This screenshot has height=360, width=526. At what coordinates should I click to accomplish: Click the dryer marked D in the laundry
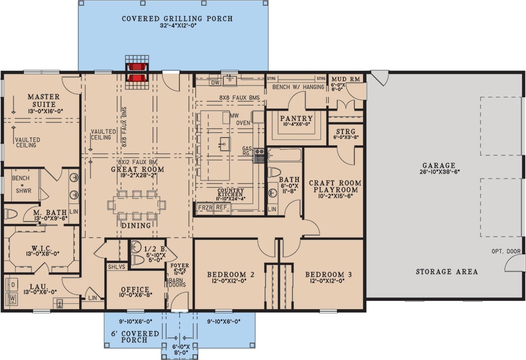[x=13, y=285]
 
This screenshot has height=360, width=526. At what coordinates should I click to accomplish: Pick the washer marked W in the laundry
[x=13, y=298]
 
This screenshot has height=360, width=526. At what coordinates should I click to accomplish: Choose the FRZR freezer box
[x=205, y=208]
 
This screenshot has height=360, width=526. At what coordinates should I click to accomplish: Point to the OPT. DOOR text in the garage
[x=506, y=252]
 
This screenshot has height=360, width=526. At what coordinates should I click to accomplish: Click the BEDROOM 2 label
[x=227, y=274]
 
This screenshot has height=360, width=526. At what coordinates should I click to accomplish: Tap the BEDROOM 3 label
[x=325, y=274]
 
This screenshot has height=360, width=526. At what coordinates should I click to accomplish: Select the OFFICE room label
[x=135, y=289]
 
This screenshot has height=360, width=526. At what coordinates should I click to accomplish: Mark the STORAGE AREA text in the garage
[x=446, y=272]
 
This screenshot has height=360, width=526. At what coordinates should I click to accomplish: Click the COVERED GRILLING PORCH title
[x=177, y=19]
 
